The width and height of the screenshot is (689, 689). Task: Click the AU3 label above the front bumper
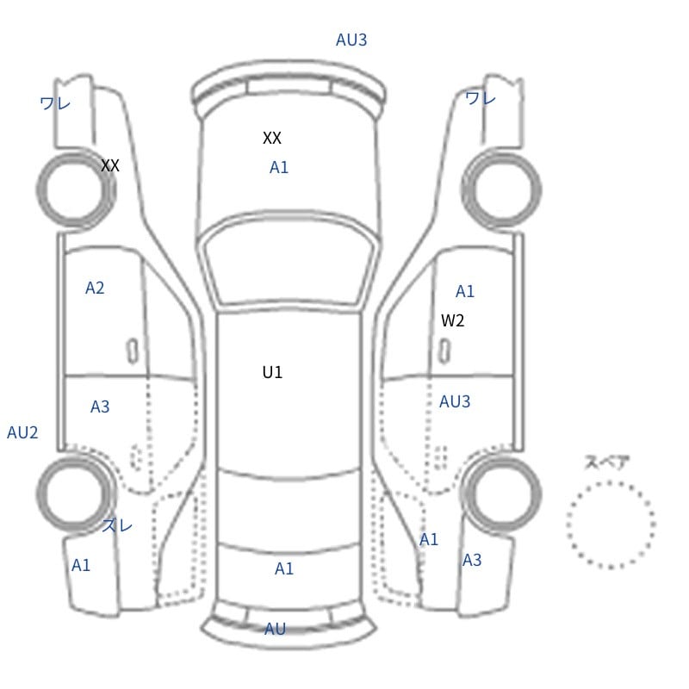tap(351, 40)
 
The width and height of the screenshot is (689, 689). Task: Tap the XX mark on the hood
tap(272, 138)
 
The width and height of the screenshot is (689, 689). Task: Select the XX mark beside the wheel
tap(110, 165)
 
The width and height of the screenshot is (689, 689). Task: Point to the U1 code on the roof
tap(272, 372)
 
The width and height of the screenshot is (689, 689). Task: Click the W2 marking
tap(453, 320)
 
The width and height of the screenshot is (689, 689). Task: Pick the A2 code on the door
tap(95, 288)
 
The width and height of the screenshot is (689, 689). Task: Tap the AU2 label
tap(22, 433)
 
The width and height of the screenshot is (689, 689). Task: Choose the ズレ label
tap(117, 525)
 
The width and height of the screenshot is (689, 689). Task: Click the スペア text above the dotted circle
tap(601, 462)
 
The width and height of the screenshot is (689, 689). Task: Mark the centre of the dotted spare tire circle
tap(611, 525)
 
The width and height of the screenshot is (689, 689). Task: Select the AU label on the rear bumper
tap(275, 629)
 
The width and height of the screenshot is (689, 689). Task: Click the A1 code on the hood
tap(279, 167)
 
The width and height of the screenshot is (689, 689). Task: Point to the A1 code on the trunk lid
tap(284, 568)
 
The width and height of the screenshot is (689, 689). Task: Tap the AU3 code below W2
tap(455, 401)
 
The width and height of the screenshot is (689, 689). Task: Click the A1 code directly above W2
tap(465, 291)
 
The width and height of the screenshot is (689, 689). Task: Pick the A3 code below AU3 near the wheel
tap(472, 560)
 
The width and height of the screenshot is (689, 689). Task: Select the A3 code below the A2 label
tap(100, 407)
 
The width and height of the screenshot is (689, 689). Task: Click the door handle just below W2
tap(444, 351)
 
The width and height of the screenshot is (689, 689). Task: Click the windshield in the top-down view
tap(289, 260)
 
